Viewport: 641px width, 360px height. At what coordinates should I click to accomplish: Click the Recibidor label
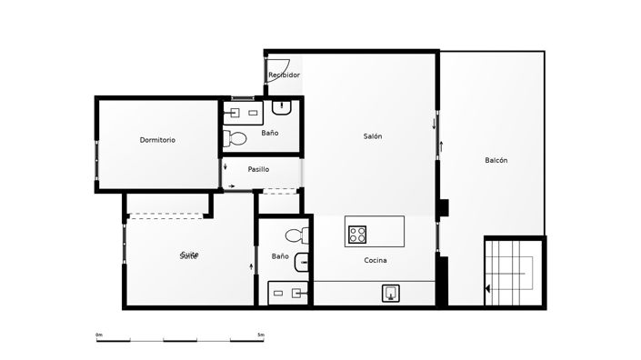pos(284,75)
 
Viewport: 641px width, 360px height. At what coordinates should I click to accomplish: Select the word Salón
pos(372,136)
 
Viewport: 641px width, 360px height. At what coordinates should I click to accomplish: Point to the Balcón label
pos(496,160)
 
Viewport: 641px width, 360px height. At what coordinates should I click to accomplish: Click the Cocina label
pos(376,261)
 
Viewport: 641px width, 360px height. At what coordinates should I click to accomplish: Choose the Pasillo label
pos(258,169)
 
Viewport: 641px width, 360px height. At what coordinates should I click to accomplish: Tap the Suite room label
pos(189,255)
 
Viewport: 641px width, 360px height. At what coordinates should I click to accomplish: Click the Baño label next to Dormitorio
pos(269,134)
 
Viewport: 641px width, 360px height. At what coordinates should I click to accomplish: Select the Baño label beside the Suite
pos(280,256)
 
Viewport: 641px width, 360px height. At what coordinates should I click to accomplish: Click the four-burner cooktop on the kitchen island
pos(357,235)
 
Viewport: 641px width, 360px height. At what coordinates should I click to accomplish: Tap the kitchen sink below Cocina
pos(391,293)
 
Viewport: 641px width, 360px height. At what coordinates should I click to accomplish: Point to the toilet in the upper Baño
pos(235,139)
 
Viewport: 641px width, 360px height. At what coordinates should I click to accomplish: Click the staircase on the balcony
pos(514,271)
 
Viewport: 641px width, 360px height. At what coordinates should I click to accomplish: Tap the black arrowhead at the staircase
pos(489,289)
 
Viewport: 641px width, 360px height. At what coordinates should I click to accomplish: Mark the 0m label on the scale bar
pos(99,335)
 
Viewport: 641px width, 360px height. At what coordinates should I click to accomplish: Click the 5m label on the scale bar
pos(260,335)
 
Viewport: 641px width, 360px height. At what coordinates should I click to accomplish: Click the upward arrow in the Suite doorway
pos(251,265)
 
